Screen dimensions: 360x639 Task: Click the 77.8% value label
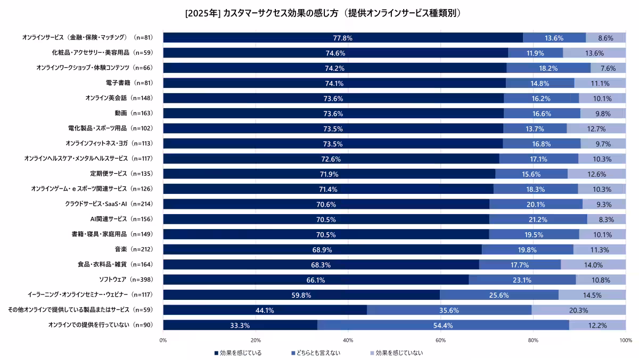[342, 38]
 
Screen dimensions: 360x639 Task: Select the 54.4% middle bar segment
[443, 325]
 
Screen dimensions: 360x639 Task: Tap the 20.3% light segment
[578, 310]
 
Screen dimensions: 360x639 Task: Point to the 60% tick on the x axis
[440, 340]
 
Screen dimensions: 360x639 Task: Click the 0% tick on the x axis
[163, 340]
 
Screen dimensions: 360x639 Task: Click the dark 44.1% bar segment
[265, 310]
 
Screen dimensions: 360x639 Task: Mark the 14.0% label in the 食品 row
[593, 265]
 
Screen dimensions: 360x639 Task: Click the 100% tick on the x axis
[625, 340]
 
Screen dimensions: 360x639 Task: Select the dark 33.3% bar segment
[240, 325]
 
